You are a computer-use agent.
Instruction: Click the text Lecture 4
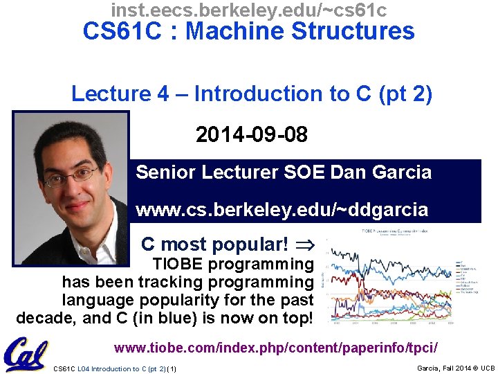[x=119, y=94]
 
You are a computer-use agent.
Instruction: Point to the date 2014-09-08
[x=251, y=134]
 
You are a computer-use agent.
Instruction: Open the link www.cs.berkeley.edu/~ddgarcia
[x=282, y=209]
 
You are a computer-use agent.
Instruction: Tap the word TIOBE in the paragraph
[x=176, y=264]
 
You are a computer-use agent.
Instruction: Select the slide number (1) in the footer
[x=172, y=368]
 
